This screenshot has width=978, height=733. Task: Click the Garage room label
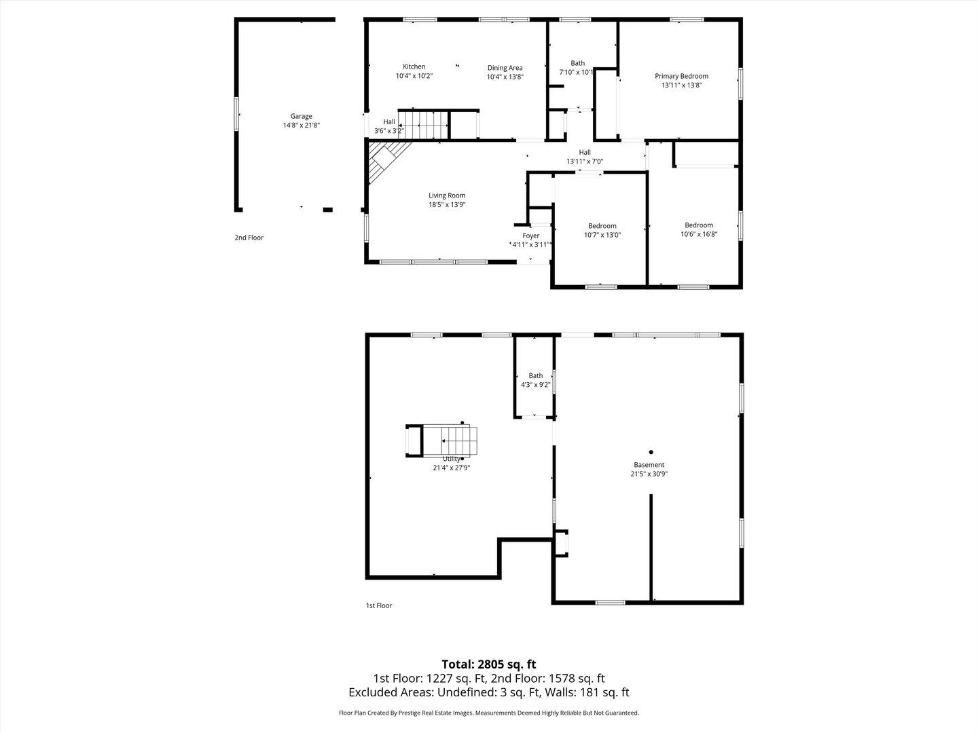301,116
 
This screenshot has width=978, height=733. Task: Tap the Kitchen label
414,67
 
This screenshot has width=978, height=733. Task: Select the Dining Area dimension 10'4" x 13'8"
505,77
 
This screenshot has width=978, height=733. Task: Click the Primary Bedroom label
681,76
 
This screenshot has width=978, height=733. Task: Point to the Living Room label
446,195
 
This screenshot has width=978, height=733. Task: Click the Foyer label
530,236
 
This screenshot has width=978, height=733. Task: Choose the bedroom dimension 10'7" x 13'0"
602,235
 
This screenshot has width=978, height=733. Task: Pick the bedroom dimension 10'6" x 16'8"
699,234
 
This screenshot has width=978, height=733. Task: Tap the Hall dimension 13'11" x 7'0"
584,162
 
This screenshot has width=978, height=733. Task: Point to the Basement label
649,465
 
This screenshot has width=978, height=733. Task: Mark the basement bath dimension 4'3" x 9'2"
535,385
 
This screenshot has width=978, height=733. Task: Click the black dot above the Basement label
651,452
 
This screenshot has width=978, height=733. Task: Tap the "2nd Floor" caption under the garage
249,238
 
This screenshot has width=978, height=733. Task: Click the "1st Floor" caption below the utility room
378,605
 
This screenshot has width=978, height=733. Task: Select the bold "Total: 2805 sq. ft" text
488,664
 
